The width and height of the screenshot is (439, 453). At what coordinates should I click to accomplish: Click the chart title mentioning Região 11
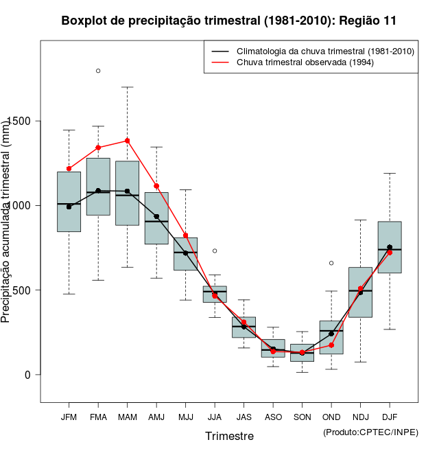[x=228, y=21]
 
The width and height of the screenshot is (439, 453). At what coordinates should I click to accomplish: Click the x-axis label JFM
[x=69, y=417]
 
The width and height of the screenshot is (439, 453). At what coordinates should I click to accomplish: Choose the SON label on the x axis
[x=302, y=417]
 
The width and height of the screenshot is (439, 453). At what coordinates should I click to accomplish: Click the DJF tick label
[x=390, y=417]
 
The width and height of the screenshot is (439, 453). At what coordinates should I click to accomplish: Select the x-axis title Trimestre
[x=229, y=436]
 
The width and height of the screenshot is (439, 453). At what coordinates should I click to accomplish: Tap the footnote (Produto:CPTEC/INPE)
[x=370, y=432]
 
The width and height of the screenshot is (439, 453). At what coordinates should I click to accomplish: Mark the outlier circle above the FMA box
[x=98, y=71]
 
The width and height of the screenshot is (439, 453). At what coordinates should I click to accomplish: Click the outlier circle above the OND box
[x=331, y=263]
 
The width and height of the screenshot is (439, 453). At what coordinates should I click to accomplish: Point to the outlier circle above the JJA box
[x=215, y=251]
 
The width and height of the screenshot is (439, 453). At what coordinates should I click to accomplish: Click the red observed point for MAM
[x=127, y=141]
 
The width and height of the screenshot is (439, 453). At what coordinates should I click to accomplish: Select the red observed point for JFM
[x=69, y=168]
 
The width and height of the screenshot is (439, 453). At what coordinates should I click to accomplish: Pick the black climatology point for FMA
[x=98, y=191]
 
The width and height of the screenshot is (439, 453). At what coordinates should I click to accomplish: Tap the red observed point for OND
[x=331, y=345]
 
